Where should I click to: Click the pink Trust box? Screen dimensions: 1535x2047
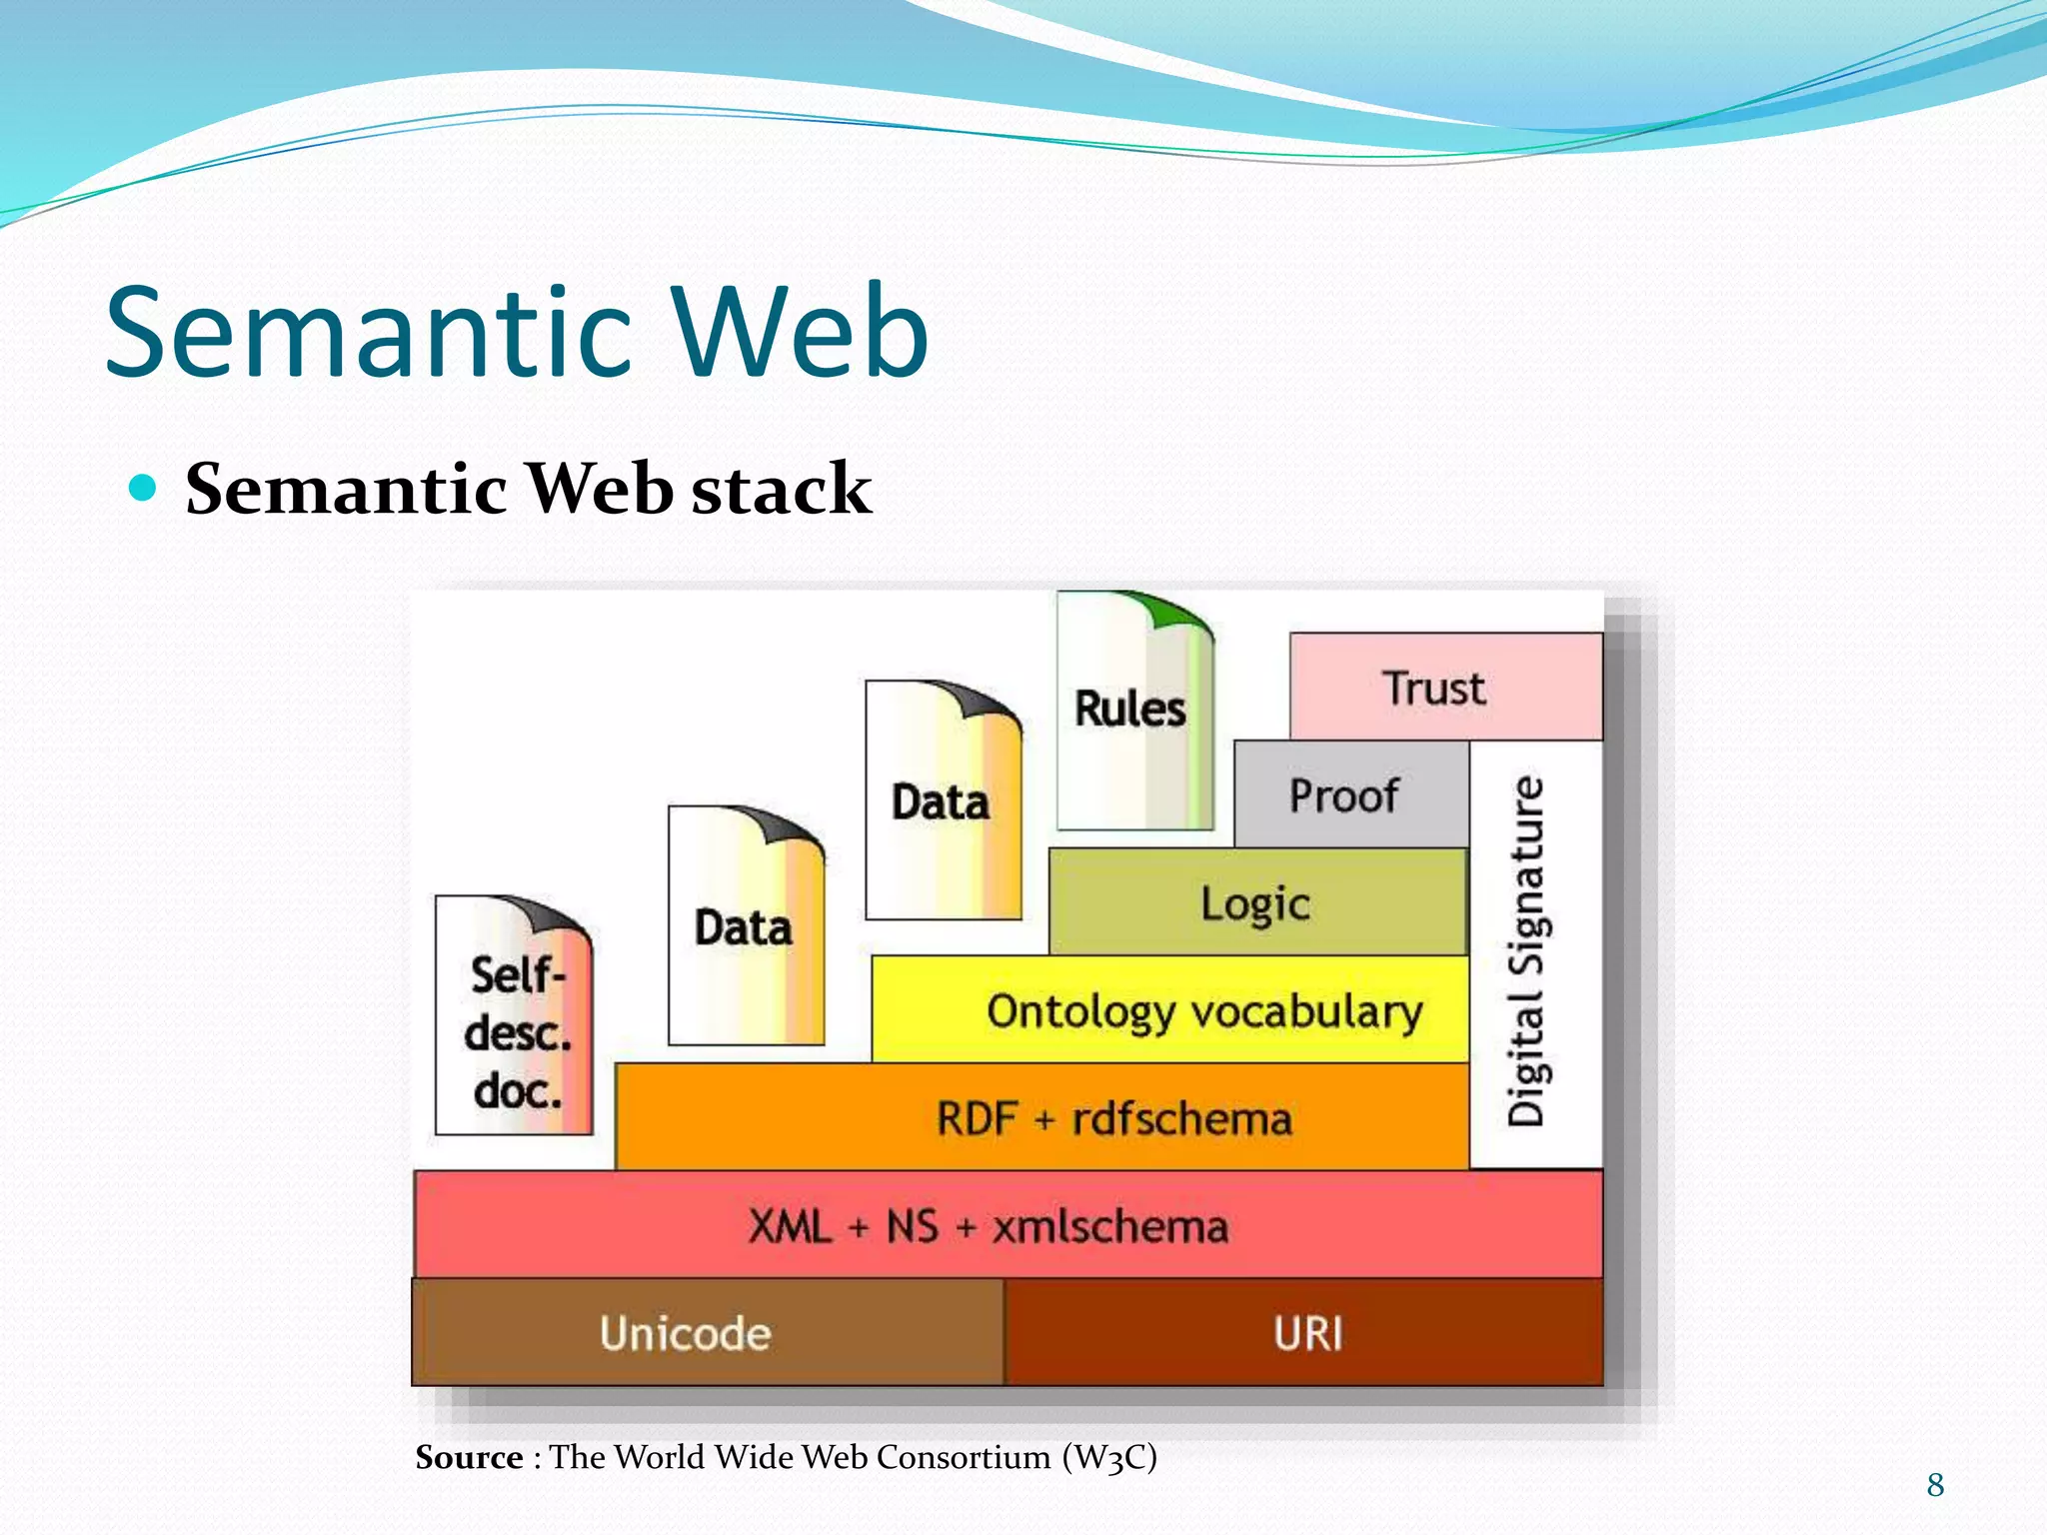coord(1445,688)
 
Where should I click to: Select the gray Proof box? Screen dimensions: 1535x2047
coord(1350,795)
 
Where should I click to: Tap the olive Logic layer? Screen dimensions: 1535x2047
coord(1257,902)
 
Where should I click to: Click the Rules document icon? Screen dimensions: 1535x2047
coord(1132,720)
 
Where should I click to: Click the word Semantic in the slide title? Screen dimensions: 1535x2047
coord(370,332)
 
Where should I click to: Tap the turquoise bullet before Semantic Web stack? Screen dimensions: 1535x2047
coord(145,488)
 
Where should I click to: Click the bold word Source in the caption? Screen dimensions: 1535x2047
coord(469,1457)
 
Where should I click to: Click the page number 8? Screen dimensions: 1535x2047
coord(1935,1485)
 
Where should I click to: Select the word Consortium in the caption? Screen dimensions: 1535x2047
coord(964,1457)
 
